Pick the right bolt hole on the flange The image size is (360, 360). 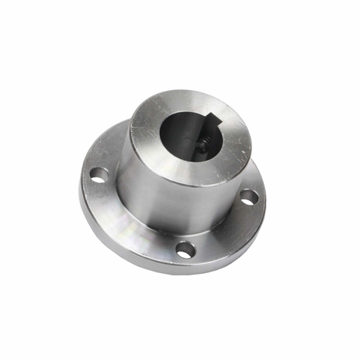tap(248, 197)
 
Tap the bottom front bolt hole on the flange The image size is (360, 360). tap(185, 250)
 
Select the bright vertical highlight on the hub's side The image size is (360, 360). tap(140, 190)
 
